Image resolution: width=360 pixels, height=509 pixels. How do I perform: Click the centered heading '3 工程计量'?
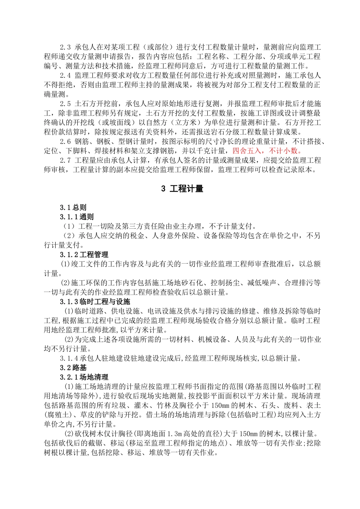(182, 189)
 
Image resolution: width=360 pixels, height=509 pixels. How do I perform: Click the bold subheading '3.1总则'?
(73, 208)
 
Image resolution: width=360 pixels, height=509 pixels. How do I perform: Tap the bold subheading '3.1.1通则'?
(77, 217)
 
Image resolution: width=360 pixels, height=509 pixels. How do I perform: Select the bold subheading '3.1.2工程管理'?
(84, 254)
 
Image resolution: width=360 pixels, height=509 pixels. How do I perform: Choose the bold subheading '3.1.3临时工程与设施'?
(95, 302)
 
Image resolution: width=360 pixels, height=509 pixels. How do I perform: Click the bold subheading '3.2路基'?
(73, 368)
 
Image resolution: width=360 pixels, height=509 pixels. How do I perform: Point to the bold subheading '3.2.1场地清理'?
(84, 377)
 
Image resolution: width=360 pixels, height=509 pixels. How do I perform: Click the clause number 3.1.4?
(69, 358)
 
